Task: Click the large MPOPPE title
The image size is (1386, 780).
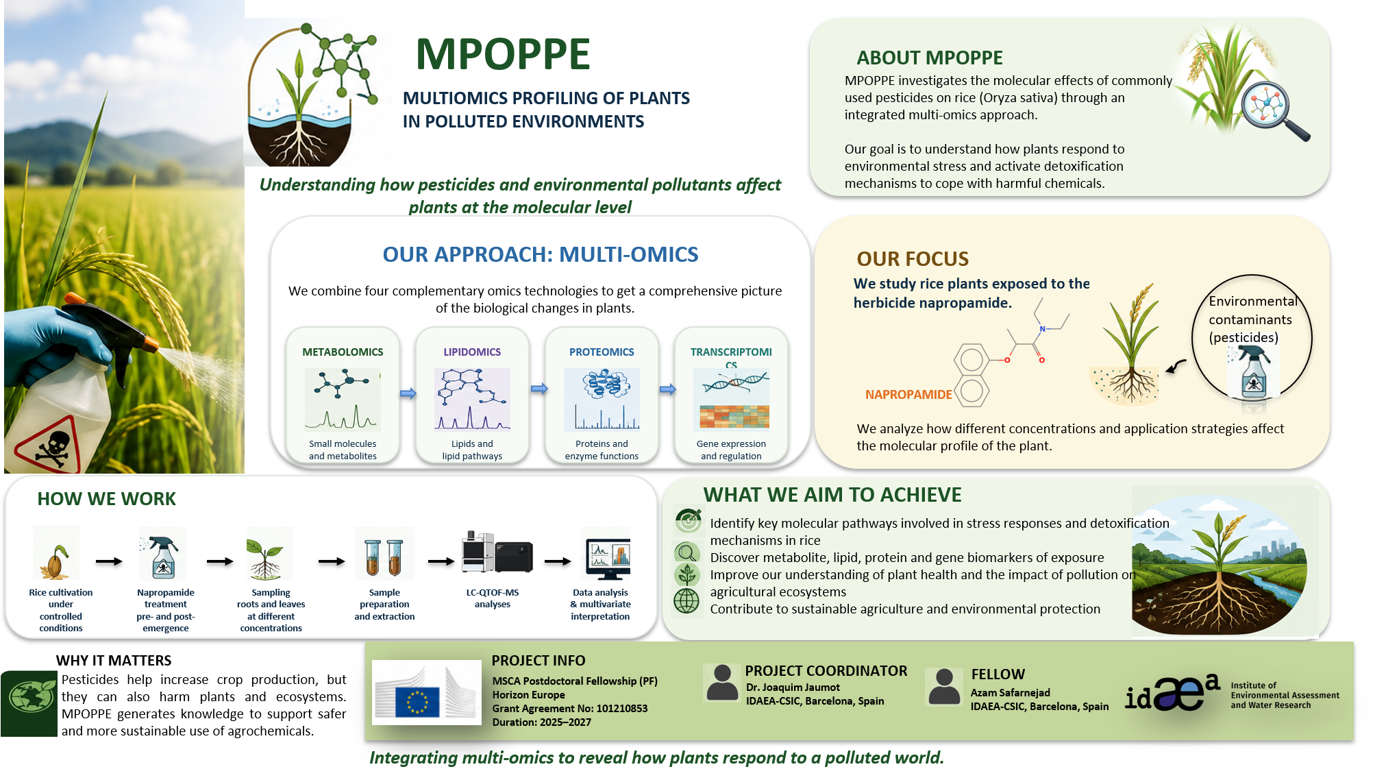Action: coord(502,54)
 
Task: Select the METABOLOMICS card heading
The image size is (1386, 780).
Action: coord(343,352)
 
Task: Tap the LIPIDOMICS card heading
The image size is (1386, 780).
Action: coord(472,352)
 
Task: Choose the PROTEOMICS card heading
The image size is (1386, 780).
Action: coord(602,352)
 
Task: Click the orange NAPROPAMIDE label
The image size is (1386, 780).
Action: coord(908,395)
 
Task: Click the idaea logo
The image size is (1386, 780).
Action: coord(1172,693)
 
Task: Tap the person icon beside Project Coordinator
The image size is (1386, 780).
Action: coord(722,683)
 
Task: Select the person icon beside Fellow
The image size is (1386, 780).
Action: coord(944,687)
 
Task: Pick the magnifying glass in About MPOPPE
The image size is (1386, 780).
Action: coord(1274,110)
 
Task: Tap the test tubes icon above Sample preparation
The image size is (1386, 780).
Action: coord(384,557)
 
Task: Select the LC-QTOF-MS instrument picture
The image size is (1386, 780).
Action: coord(497,552)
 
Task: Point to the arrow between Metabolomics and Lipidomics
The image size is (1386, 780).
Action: coord(408,393)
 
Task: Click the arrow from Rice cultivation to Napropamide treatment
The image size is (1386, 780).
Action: coord(109,562)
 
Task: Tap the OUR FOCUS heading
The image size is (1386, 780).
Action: coord(913,259)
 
